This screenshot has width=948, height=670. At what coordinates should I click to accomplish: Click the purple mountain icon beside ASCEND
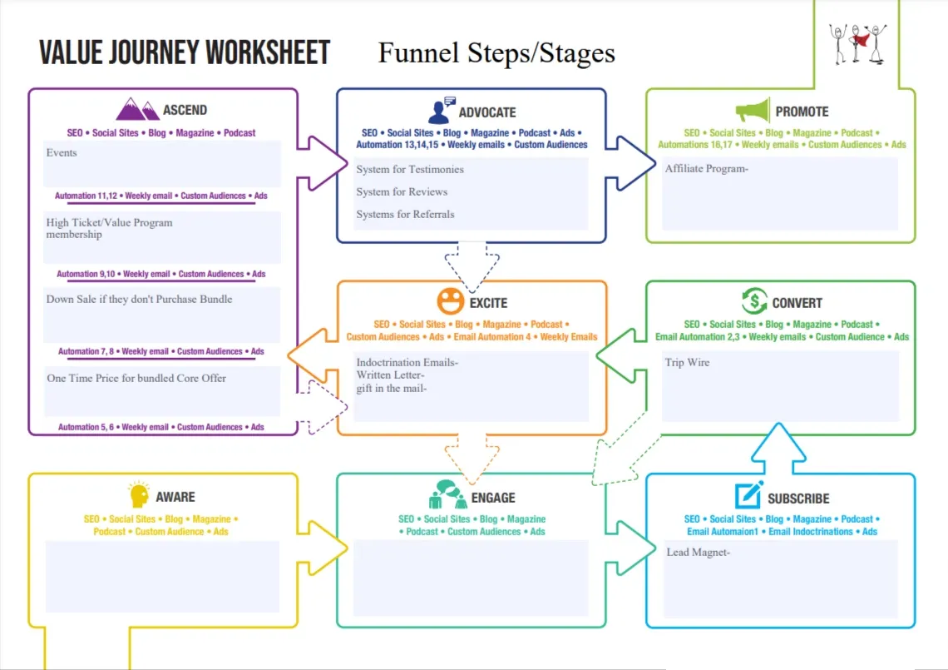[x=137, y=109]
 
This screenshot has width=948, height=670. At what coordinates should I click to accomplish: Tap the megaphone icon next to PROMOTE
[x=753, y=111]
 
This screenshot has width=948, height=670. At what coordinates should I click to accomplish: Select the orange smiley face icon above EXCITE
[x=450, y=301]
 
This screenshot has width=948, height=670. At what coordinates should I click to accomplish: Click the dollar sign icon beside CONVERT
[x=754, y=301]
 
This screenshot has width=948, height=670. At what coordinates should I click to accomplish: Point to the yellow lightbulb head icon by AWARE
[x=140, y=495]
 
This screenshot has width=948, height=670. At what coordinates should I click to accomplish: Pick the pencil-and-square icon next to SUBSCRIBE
[x=748, y=496]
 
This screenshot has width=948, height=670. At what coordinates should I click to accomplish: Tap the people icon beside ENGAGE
[x=447, y=495]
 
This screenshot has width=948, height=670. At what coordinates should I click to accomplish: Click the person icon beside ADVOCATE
[x=441, y=111]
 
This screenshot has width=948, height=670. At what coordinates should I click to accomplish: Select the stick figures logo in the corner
[x=857, y=42]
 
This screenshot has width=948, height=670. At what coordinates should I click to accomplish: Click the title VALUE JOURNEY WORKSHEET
[x=185, y=52]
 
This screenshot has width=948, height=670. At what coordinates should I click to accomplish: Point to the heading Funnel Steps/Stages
[x=496, y=53]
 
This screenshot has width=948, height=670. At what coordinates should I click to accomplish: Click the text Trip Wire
[x=687, y=363]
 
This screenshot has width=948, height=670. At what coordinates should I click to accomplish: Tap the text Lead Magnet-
[x=698, y=552]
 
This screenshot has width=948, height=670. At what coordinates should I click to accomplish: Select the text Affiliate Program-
[x=707, y=169]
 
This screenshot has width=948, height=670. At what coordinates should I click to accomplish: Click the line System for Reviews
[x=402, y=191]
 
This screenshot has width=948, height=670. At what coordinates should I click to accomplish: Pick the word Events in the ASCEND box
[x=62, y=153]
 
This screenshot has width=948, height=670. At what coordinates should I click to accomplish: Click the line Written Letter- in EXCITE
[x=390, y=375]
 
